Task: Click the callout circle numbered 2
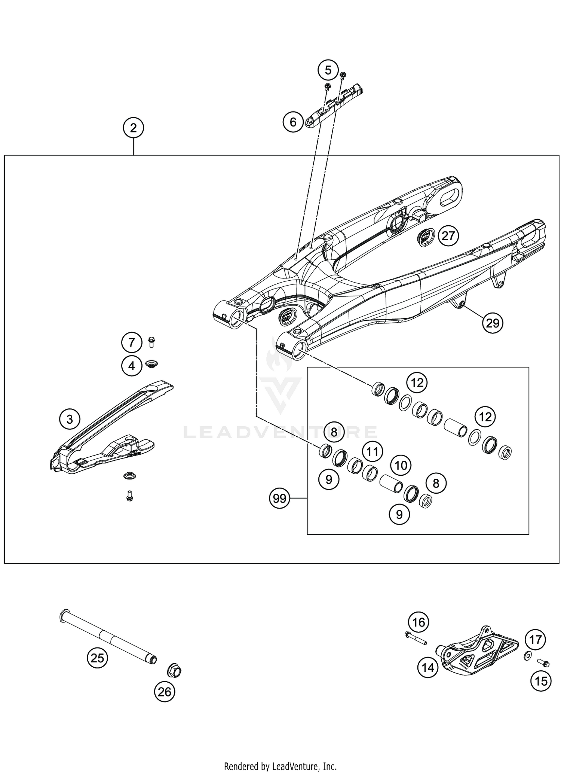pos(133,128)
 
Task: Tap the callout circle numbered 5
pos(328,70)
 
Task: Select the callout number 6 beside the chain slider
pos(293,122)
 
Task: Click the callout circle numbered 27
pos(448,236)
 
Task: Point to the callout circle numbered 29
pos(493,322)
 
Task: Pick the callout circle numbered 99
pos(279,498)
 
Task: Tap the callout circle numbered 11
pos(372,452)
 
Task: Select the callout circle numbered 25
pos(97,658)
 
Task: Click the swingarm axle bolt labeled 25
pos(108,637)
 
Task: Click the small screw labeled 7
pos(151,342)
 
